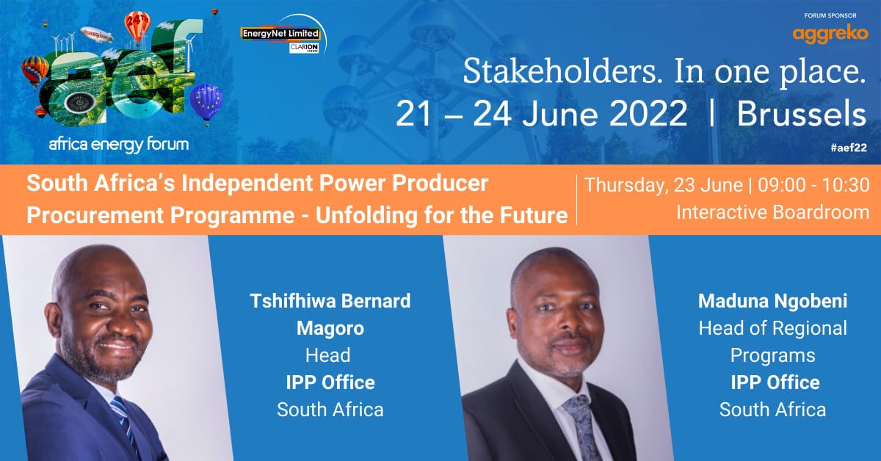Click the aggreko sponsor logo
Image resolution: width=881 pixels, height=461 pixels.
tap(830, 34)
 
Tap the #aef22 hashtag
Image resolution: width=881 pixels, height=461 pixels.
tap(849, 147)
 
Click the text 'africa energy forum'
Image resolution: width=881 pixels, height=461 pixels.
tap(118, 145)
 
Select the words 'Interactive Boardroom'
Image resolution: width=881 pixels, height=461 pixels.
tap(772, 213)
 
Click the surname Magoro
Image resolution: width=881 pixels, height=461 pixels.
tap(330, 328)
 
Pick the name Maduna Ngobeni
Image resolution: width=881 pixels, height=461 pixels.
tap(772, 301)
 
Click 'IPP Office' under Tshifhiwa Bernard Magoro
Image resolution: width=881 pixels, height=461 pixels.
tap(330, 382)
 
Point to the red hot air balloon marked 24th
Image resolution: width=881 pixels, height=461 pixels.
tap(137, 25)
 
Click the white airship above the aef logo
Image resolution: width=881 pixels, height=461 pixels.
tap(96, 35)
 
